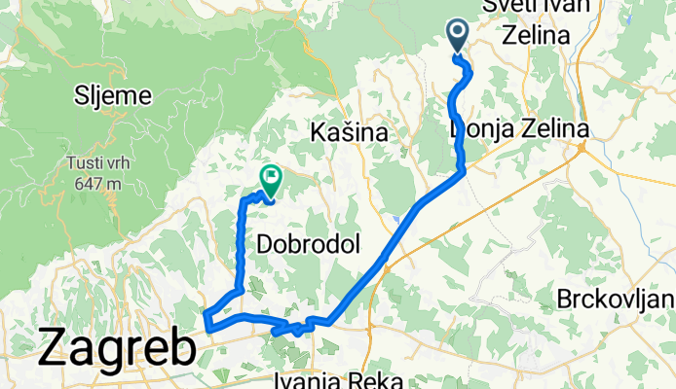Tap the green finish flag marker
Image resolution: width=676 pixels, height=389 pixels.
coord(270,179)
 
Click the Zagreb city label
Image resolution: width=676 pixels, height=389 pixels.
coord(117,349)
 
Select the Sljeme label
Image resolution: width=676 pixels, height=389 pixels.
coord(113,95)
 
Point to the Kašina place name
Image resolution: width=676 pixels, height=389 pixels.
coord(349,131)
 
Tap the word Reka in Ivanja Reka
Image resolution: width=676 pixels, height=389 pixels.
coord(383,379)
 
